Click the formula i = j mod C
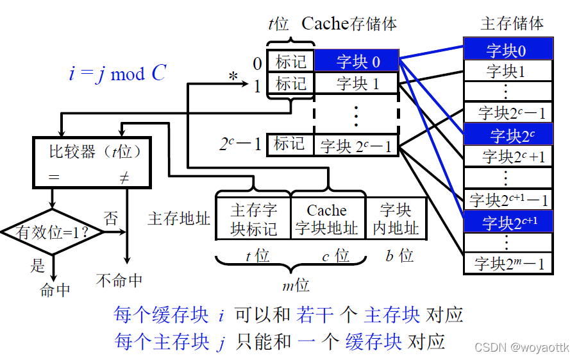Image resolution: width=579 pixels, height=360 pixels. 117,73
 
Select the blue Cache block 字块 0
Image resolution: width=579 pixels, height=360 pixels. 357,62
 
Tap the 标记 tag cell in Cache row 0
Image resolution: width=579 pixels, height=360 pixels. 290,62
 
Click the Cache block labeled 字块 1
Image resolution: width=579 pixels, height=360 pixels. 357,83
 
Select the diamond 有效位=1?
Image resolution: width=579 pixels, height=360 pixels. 53,232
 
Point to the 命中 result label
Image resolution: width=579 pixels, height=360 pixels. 55,289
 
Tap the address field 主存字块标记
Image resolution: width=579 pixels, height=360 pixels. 253,219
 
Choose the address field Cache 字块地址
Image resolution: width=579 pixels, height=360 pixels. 327,219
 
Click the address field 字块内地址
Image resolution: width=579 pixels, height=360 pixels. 396,219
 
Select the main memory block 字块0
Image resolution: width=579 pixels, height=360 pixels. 508,49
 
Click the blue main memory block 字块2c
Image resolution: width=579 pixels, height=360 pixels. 508,135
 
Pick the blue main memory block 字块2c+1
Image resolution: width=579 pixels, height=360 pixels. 508,222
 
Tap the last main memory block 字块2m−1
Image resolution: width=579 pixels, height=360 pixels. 508,263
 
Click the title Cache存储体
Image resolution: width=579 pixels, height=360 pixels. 349,24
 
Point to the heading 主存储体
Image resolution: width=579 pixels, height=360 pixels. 512,23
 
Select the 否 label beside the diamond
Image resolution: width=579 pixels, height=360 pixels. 112,218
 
